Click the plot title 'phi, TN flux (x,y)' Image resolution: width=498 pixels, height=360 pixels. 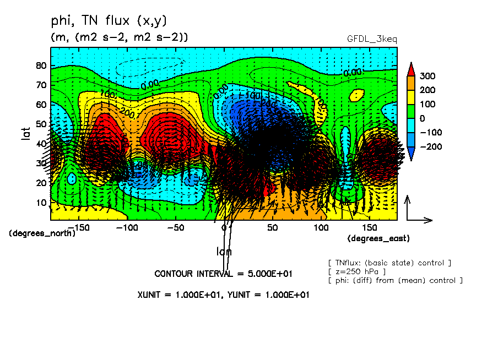(x=109, y=21)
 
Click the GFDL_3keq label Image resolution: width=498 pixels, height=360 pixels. (x=372, y=39)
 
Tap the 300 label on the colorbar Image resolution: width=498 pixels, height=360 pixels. (x=427, y=76)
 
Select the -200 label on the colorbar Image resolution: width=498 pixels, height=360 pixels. (x=430, y=146)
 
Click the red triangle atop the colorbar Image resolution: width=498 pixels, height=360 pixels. (x=411, y=69)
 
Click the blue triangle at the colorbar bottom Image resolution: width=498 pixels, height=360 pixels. (x=411, y=156)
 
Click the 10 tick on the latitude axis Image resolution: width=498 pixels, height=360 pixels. (x=41, y=203)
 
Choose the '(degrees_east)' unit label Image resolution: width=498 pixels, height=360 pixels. (x=378, y=239)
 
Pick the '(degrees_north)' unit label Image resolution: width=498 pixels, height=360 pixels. (x=43, y=233)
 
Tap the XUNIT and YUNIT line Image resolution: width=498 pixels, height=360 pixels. (x=223, y=294)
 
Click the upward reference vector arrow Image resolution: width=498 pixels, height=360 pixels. (x=408, y=207)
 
